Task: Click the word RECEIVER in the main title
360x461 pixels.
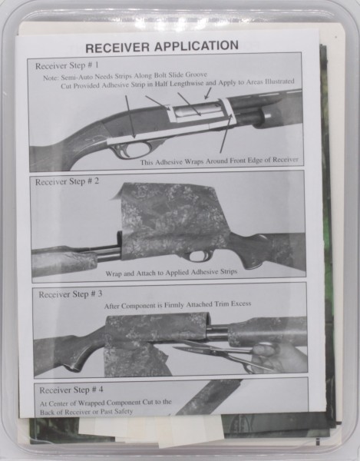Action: coord(117,48)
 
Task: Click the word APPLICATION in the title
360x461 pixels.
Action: coord(197,46)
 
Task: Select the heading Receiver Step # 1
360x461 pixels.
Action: coord(67,65)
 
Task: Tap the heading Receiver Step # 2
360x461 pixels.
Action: coord(67,181)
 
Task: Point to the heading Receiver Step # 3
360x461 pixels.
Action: coord(71,294)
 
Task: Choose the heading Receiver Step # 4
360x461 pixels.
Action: coord(71,390)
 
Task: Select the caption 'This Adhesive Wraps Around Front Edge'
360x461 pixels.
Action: coord(219,161)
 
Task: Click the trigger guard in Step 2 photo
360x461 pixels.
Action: coord(198,256)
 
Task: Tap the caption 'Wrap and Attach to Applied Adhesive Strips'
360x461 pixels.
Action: coord(171,273)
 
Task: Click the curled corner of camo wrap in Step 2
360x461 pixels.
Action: coord(118,193)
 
